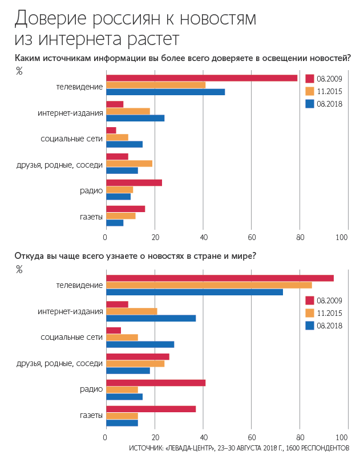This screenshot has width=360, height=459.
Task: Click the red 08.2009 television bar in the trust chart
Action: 201,78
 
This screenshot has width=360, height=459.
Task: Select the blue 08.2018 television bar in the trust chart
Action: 165,92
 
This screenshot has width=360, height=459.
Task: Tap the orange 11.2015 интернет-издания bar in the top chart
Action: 128,111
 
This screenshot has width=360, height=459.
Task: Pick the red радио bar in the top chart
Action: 134,183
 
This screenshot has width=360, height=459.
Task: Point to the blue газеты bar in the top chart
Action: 115,222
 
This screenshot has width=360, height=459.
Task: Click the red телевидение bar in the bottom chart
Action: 220,278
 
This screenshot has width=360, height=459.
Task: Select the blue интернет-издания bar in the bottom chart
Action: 151,318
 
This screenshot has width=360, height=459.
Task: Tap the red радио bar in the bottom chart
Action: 156,383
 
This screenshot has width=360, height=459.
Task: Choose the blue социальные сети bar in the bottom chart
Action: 140,344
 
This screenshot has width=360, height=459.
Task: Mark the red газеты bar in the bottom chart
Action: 151,409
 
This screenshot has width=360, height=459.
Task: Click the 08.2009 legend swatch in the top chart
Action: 310,79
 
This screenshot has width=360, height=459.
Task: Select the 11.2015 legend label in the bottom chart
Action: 329,313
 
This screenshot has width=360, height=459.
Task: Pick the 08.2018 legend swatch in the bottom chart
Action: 310,326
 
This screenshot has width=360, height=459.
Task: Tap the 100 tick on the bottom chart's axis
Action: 342,438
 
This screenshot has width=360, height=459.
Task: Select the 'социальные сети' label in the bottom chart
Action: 72,337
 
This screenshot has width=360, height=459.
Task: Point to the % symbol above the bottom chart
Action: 19,270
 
